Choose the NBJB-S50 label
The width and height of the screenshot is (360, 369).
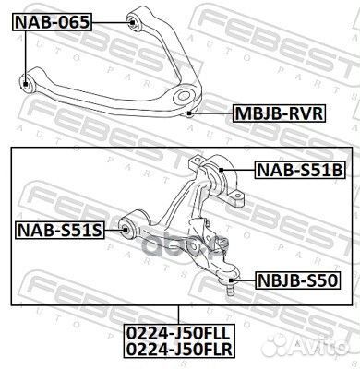[284, 277]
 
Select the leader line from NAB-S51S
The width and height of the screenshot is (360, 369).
[114, 228]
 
